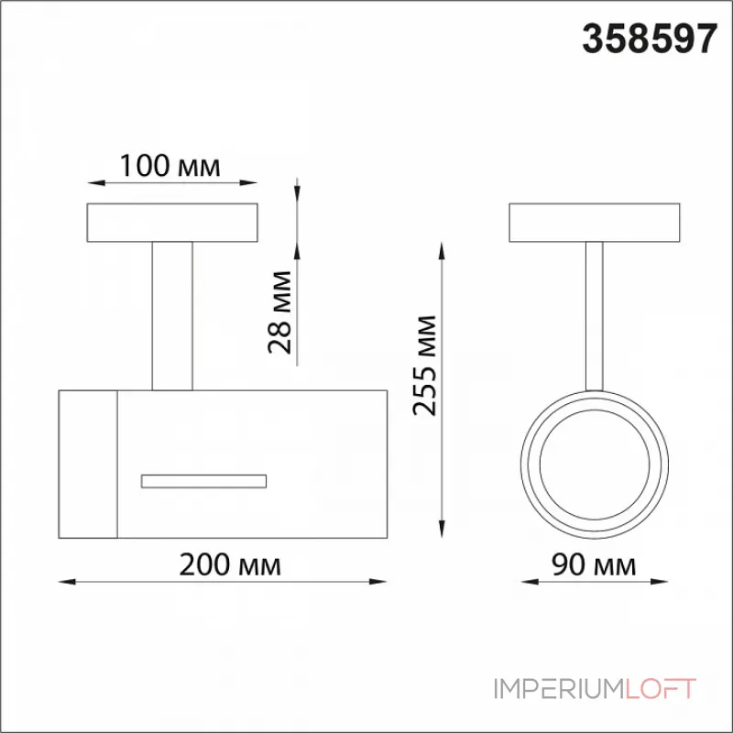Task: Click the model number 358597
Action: click(650, 39)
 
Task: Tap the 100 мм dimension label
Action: click(170, 166)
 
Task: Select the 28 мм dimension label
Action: click(279, 312)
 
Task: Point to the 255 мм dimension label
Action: click(424, 366)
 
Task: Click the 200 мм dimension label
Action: click(230, 564)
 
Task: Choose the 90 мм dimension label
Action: click(594, 564)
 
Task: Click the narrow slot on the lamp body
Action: click(203, 481)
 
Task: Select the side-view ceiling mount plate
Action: click(172, 223)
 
